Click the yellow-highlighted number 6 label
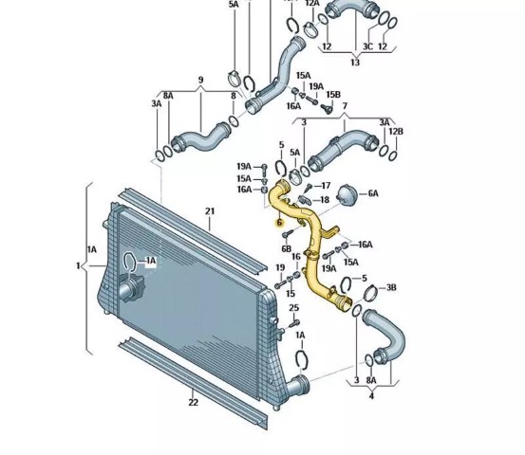click(279, 223)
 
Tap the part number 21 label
click(210, 211)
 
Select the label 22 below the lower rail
click(193, 403)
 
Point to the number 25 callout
click(293, 308)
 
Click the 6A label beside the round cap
click(373, 193)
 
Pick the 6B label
click(287, 248)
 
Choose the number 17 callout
click(326, 185)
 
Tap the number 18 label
click(325, 200)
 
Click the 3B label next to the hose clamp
click(391, 287)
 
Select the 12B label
click(396, 132)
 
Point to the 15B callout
click(333, 95)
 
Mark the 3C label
click(367, 46)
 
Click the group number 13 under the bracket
click(355, 63)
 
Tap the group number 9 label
click(200, 81)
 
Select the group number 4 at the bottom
click(371, 396)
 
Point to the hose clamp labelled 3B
click(370, 293)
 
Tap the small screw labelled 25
click(294, 323)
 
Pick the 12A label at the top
click(312, 4)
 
